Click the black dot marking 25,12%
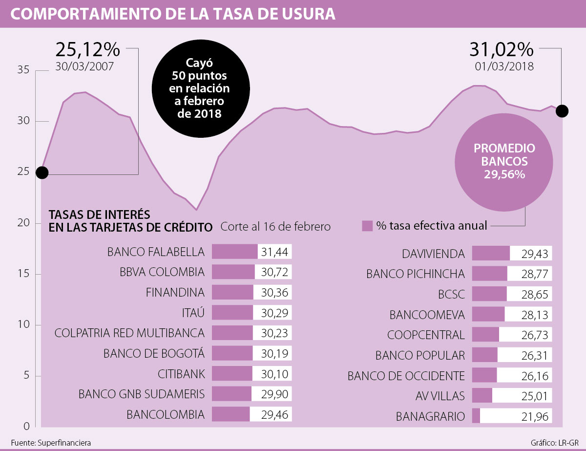click(x=42, y=172)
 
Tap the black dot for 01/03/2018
click(x=562, y=111)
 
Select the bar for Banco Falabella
click(x=234, y=252)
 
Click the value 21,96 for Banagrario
click(x=534, y=417)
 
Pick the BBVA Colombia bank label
click(x=163, y=272)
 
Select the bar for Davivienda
click(x=491, y=253)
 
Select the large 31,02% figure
click(x=501, y=49)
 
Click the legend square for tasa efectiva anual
click(x=367, y=226)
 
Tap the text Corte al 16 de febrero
click(x=275, y=227)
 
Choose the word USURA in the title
click(x=306, y=14)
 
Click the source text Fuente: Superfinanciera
click(x=51, y=443)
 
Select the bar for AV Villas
click(x=482, y=395)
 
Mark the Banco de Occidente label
click(x=406, y=376)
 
